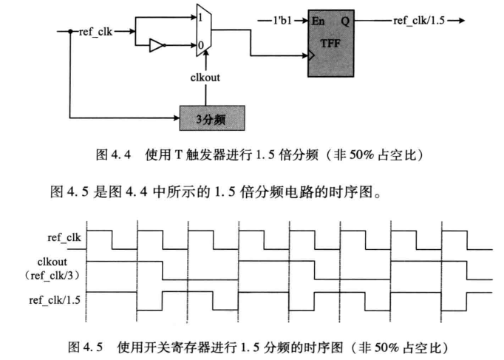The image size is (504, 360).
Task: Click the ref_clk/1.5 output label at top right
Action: (418, 20)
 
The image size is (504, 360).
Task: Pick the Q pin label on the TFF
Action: (346, 21)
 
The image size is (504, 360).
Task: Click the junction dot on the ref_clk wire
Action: (70, 32)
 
